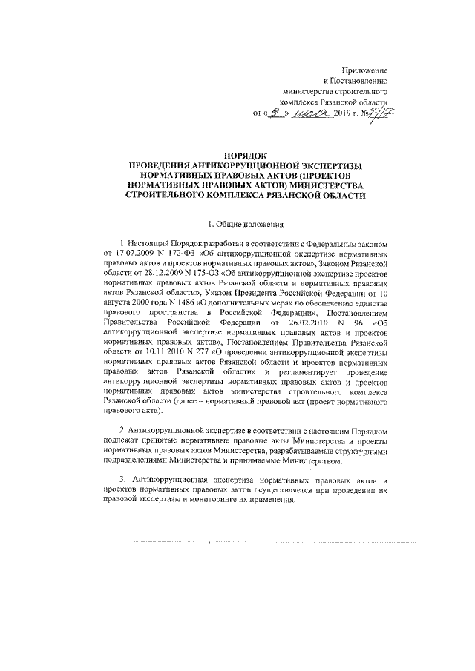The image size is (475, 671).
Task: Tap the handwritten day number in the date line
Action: [x=277, y=113]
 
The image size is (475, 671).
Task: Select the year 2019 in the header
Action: [x=346, y=114]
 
